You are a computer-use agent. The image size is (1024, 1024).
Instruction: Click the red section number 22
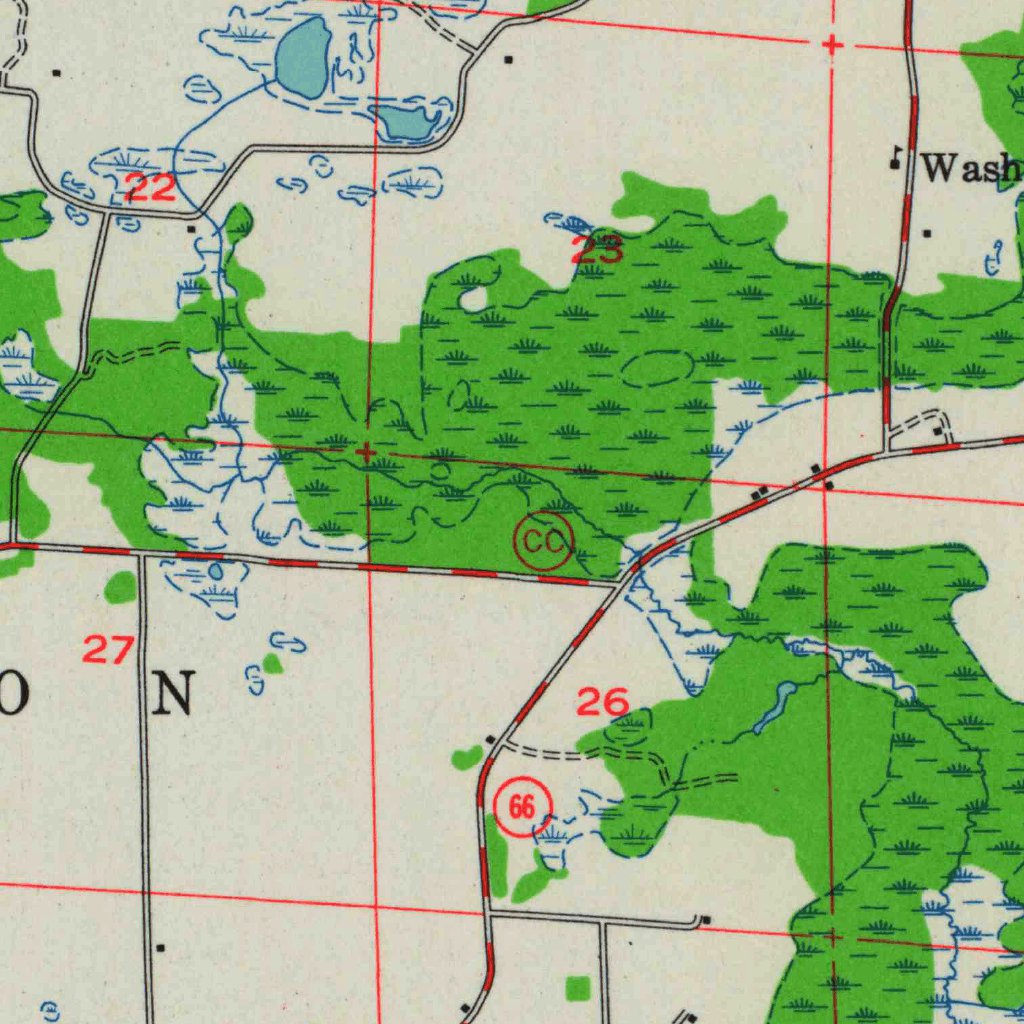[150, 187]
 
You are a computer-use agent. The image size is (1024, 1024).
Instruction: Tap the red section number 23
[597, 249]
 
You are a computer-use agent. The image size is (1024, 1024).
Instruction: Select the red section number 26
[602, 702]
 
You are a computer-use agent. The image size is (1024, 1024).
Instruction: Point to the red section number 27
[107, 650]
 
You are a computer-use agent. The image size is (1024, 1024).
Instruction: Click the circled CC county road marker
[544, 543]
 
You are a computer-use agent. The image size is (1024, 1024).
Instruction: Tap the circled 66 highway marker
[522, 806]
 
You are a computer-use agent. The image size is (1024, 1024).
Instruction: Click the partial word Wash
[970, 168]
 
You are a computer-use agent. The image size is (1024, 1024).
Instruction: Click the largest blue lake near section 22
[303, 57]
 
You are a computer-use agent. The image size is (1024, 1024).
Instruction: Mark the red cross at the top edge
[832, 45]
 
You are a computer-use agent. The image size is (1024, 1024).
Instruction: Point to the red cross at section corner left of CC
[367, 453]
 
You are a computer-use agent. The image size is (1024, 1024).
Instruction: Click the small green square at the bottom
[577, 988]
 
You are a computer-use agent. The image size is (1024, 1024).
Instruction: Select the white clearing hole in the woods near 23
[472, 298]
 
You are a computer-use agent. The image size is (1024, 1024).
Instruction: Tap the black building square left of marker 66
[490, 740]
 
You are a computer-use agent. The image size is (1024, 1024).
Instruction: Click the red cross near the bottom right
[832, 937]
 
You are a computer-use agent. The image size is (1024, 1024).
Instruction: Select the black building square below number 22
[191, 229]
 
